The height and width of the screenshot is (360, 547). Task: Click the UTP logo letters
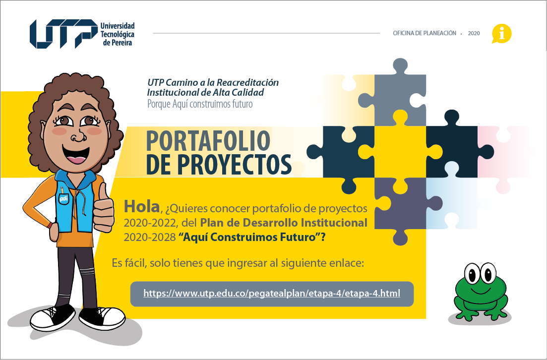point(63,34)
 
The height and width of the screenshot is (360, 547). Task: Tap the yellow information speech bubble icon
point(501,34)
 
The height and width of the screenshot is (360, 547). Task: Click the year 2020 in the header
point(474,34)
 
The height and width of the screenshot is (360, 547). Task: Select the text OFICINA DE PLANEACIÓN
point(425,33)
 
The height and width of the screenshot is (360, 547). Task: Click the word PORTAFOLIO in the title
point(208,141)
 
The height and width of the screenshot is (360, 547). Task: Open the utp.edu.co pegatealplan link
point(272,294)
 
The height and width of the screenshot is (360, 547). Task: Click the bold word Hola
point(142,207)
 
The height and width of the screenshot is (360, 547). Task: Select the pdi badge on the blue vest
point(63,199)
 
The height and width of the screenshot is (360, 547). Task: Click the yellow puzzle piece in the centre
point(400,152)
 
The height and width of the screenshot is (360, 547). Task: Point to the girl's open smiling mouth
point(76,155)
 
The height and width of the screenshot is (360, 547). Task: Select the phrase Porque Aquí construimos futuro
point(200,104)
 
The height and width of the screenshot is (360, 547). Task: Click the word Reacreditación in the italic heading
point(247,83)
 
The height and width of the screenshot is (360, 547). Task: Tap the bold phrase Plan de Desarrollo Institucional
point(284,223)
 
